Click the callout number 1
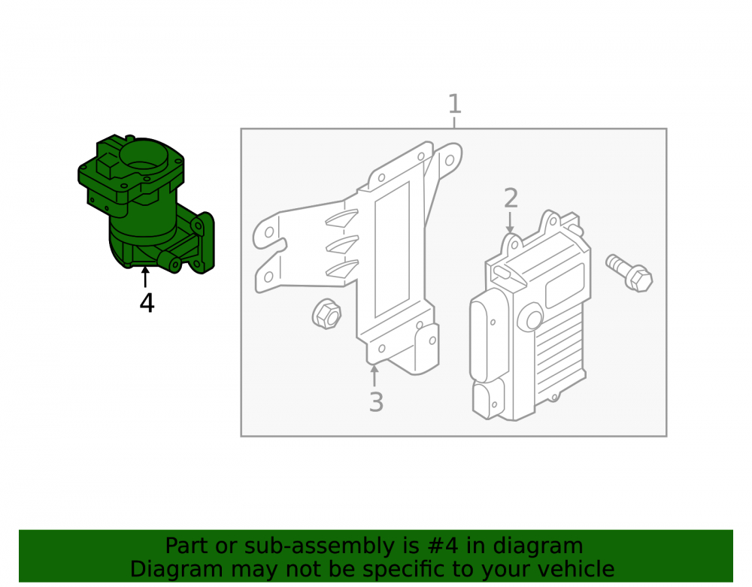pos(454,104)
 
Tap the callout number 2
pos(511,198)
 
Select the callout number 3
pos(376,402)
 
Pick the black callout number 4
pos(147,304)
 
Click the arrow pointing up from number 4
pos(145,277)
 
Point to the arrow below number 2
pos(510,222)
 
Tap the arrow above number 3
pos(374,375)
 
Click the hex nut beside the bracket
pos(326,314)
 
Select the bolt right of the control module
pos(629,272)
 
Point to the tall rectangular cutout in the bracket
pos(393,250)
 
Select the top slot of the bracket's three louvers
pos(342,217)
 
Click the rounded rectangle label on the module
pos(565,286)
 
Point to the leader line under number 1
pos(454,123)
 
